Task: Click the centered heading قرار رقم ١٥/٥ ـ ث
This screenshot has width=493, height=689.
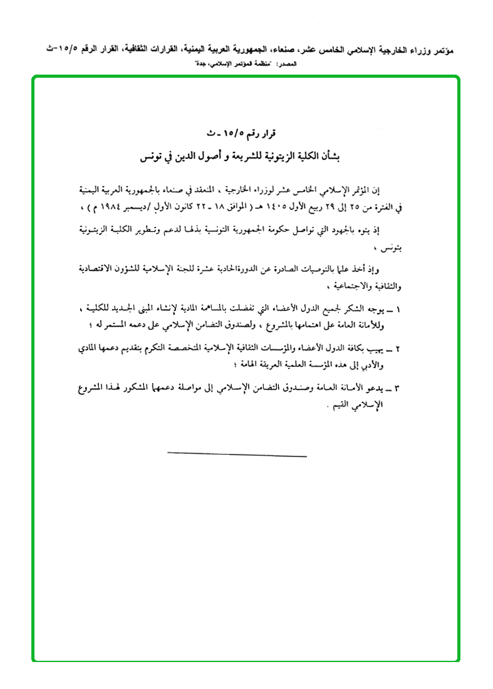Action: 246,134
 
